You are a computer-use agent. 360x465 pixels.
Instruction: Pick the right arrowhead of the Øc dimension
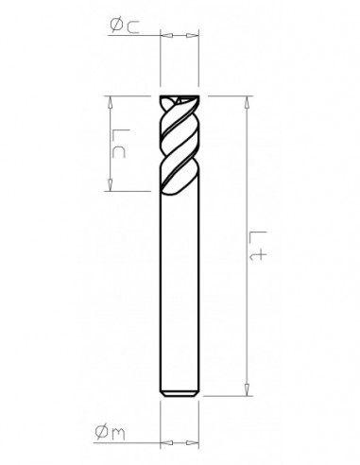coord(196,36)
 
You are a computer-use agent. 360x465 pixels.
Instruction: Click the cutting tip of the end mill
coord(179,99)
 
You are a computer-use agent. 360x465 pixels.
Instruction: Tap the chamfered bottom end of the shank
coord(179,389)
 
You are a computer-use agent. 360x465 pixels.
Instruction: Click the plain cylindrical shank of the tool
coord(179,284)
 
